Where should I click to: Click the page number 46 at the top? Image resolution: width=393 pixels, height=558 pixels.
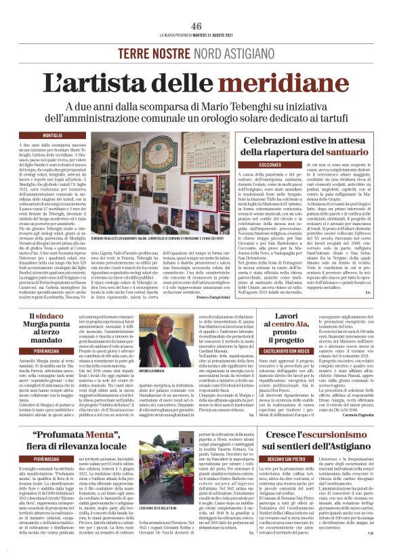click(196, 25)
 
